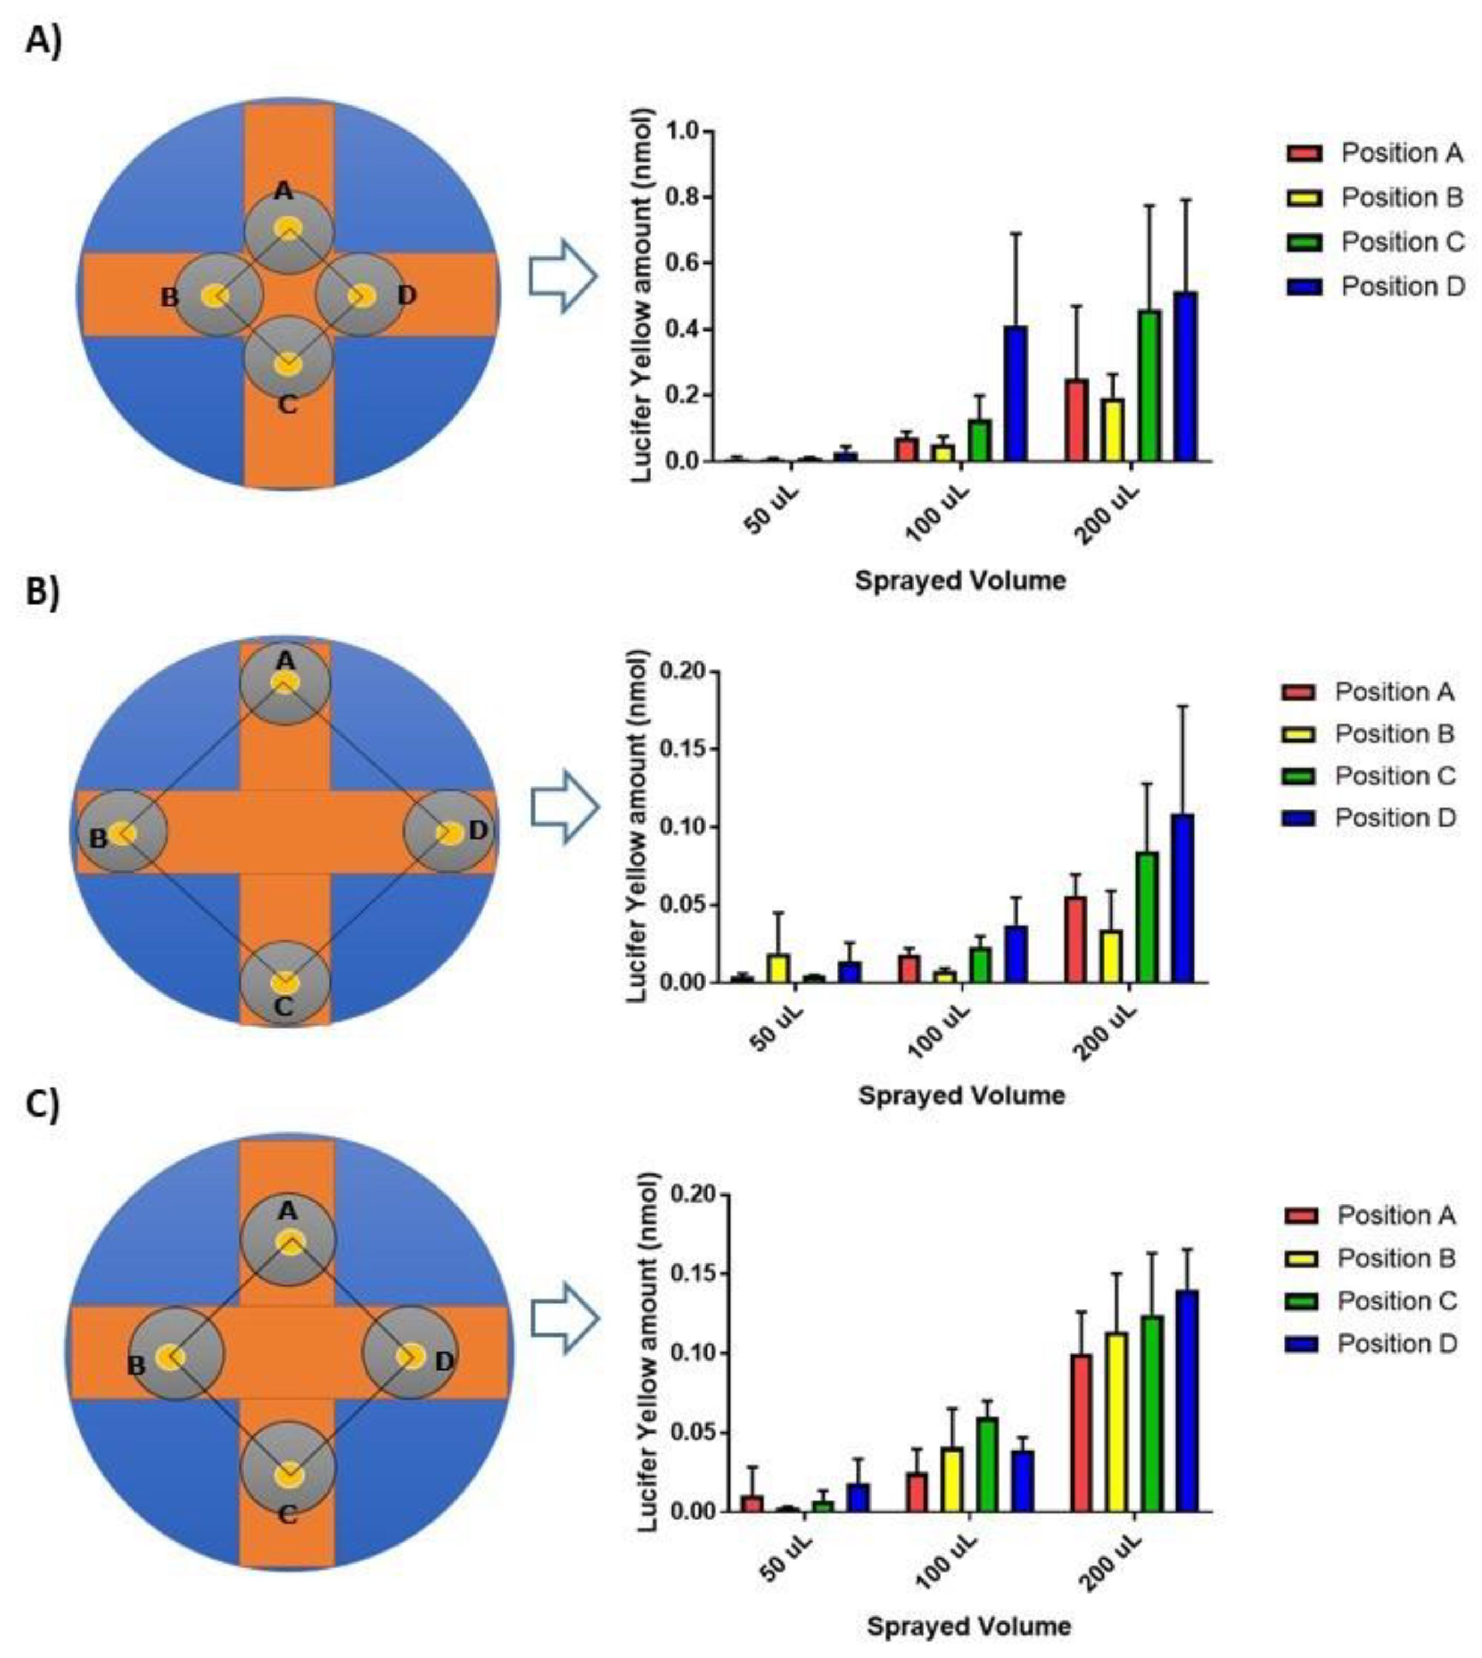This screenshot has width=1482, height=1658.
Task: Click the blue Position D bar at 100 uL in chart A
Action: coord(1015,394)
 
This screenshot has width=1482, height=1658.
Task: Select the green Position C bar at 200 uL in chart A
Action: coord(1149,386)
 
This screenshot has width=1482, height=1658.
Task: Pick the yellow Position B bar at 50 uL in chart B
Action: coord(778,969)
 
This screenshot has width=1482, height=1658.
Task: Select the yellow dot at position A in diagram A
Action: coord(287,228)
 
